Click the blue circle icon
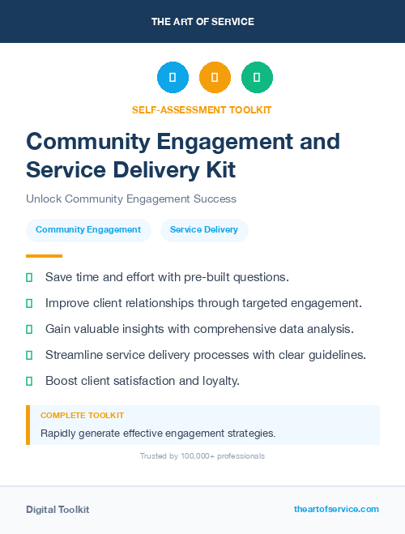coord(173,77)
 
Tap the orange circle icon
coord(215,77)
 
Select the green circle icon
coord(257,77)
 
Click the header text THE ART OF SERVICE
coord(202,22)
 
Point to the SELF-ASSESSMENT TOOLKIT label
coord(202,109)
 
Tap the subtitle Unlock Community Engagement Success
coord(131,199)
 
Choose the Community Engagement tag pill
coord(88,230)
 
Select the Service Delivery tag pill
coord(204,230)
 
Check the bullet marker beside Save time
coord(29,277)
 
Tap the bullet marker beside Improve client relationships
coord(29,303)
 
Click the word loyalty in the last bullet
coord(219,381)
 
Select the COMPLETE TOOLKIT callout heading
coord(82,416)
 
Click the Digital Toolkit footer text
coord(58,510)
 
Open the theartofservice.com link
coord(336,509)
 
